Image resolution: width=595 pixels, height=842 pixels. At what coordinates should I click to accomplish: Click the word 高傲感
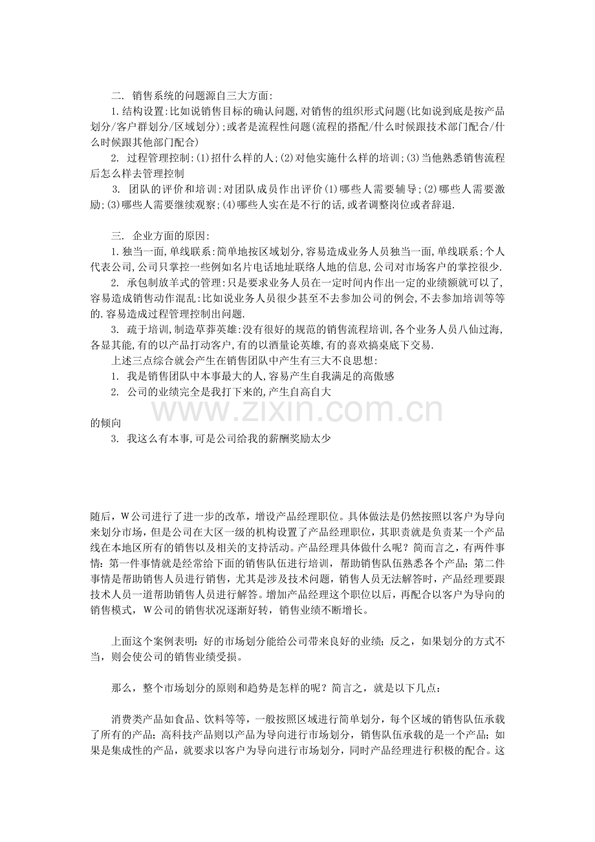(378, 376)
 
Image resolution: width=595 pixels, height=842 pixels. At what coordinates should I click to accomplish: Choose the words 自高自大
(313, 391)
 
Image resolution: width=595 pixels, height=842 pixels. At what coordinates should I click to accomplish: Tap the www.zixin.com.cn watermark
(297, 409)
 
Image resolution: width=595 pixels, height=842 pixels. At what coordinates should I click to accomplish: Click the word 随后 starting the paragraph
(100, 517)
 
